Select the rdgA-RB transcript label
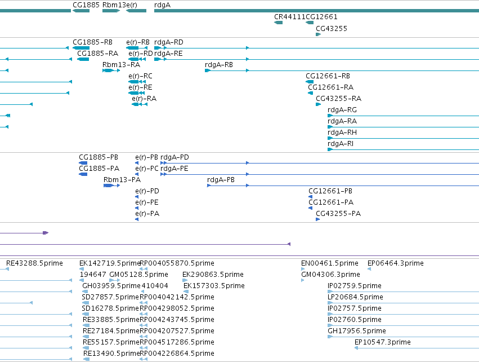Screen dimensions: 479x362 click(219, 65)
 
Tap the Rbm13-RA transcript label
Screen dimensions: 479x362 click(121, 65)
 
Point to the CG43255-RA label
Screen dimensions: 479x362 click(338, 99)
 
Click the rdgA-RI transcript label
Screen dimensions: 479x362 click(341, 144)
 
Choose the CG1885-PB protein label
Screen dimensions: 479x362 click(99, 157)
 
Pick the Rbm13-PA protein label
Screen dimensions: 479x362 click(122, 180)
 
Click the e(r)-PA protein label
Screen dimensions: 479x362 click(147, 214)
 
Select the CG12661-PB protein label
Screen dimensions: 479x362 click(330, 191)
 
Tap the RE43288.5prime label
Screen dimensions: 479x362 click(34, 263)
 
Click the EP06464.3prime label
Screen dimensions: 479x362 click(395, 263)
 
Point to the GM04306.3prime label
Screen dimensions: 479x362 click(330, 275)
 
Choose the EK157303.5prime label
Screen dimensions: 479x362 click(214, 286)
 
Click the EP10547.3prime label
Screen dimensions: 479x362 click(382, 342)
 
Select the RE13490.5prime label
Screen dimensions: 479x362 click(111, 354)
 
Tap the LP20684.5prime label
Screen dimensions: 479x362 click(355, 297)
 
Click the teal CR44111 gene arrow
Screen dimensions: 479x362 click(278, 23)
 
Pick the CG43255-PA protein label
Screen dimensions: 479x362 click(338, 214)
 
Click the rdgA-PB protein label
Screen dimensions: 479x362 click(221, 180)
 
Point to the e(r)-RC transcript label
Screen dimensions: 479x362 click(140, 76)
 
